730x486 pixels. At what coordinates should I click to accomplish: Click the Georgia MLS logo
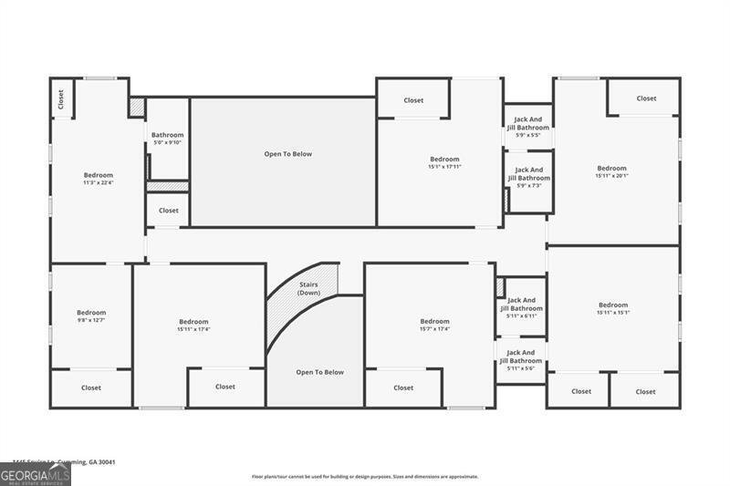36,474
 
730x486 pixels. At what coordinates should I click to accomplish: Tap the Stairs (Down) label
309,288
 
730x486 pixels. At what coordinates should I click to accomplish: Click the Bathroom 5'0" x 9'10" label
167,139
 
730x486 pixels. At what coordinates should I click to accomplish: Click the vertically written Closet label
61,98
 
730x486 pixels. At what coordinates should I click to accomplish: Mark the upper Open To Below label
287,154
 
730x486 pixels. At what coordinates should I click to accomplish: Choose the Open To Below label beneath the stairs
319,372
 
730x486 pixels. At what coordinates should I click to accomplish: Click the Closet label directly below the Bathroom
169,211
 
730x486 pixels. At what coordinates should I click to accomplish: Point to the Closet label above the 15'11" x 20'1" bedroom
646,98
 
